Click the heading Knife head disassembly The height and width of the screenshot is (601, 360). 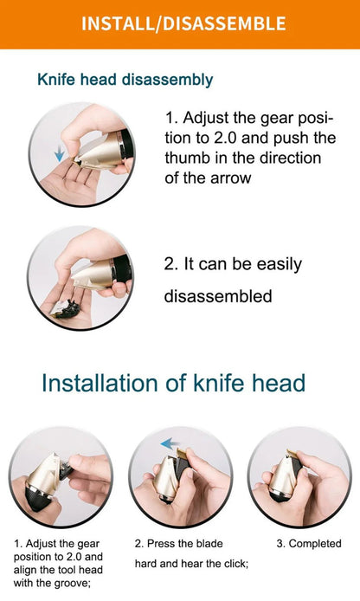click(x=125, y=80)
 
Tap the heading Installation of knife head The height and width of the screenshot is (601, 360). click(x=173, y=383)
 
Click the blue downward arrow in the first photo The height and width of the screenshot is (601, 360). click(x=59, y=154)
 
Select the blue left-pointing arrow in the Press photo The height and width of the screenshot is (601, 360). click(x=170, y=443)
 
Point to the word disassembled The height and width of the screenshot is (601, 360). click(x=218, y=296)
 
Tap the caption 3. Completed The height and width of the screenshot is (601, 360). click(x=308, y=544)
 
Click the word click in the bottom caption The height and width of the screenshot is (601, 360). click(x=233, y=564)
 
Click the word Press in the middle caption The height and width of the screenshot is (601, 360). click(x=162, y=544)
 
